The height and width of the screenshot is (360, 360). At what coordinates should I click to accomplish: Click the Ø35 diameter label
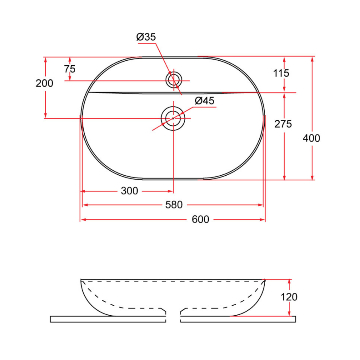146,37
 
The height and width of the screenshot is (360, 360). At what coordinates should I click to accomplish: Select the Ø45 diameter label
204,101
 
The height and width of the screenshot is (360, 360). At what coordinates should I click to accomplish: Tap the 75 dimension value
70,69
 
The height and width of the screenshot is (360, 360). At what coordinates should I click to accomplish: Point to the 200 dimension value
44,83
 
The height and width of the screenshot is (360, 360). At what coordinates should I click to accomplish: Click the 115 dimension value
281,73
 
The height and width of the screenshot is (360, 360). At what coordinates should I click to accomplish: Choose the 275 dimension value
283,124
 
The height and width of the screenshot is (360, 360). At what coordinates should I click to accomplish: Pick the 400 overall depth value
312,138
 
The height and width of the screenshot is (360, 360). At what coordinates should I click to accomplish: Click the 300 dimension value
129,191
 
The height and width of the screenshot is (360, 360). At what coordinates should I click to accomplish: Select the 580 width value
174,205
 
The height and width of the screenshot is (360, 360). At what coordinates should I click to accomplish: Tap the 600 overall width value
200,220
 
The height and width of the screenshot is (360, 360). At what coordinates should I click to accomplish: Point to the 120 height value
289,297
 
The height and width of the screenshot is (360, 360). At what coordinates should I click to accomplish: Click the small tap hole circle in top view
174,80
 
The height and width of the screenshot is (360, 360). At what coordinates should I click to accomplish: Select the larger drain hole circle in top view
173,118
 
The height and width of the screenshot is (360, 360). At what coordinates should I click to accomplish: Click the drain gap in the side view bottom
173,316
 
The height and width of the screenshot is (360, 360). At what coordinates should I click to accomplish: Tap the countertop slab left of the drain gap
108,319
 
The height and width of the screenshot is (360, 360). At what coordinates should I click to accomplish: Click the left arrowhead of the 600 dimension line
82,220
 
